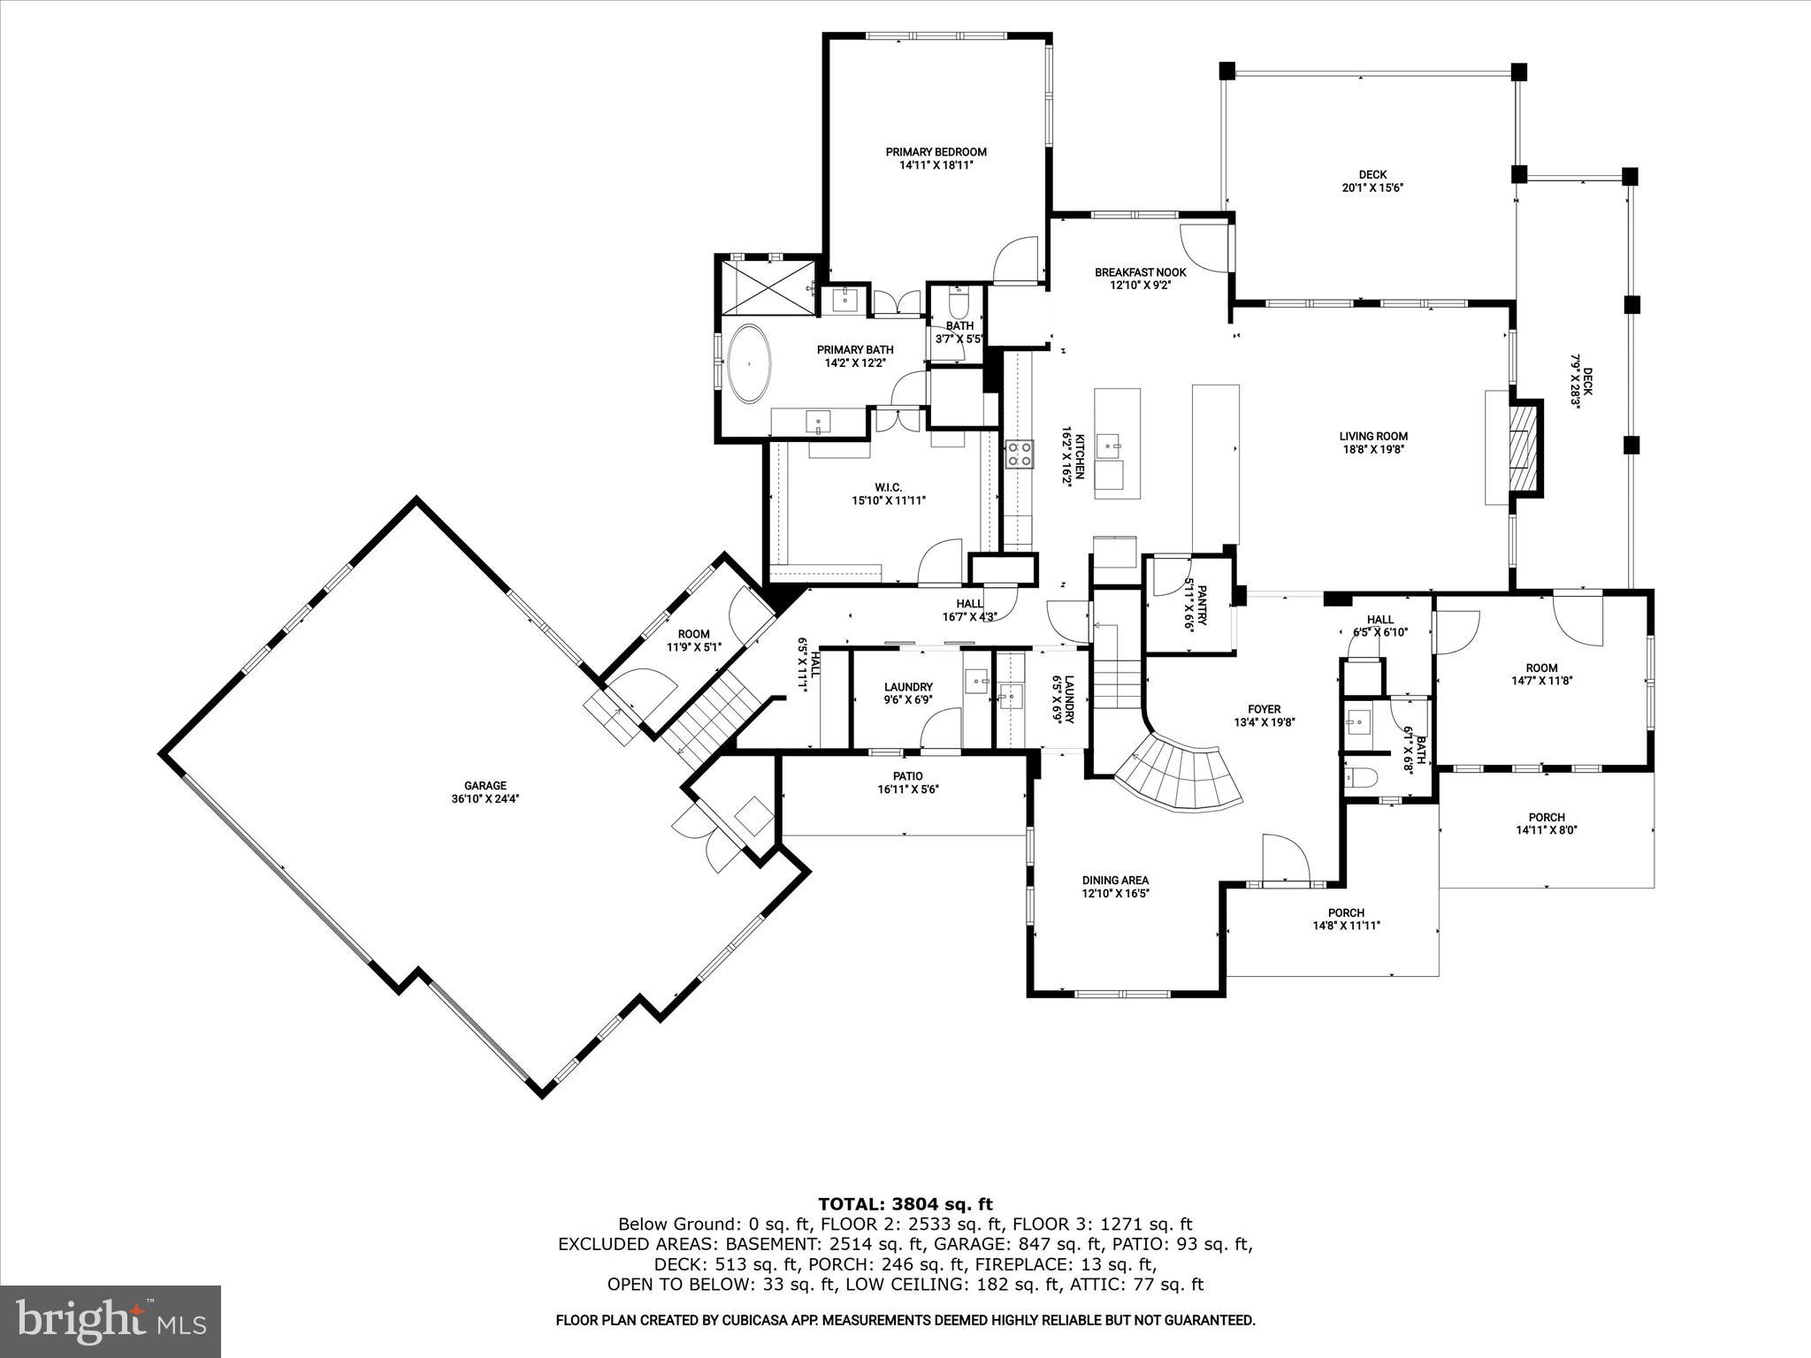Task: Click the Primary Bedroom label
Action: pyautogui.click(x=936, y=152)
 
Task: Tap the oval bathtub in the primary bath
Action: pyautogui.click(x=749, y=364)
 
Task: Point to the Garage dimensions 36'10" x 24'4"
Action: pyautogui.click(x=485, y=798)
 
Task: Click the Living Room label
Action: pyautogui.click(x=1372, y=436)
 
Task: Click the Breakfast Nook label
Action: pyautogui.click(x=1140, y=272)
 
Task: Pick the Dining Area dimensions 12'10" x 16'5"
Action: pyautogui.click(x=1115, y=894)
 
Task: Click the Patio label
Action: pyautogui.click(x=907, y=776)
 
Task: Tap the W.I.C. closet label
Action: pyautogui.click(x=888, y=487)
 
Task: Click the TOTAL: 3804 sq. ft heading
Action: pyautogui.click(x=905, y=1204)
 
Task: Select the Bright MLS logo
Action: pyautogui.click(x=111, y=1321)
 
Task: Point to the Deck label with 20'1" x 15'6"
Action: pyautogui.click(x=1372, y=175)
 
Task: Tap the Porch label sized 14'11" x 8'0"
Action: pyautogui.click(x=1546, y=817)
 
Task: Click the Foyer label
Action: pyautogui.click(x=1264, y=709)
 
